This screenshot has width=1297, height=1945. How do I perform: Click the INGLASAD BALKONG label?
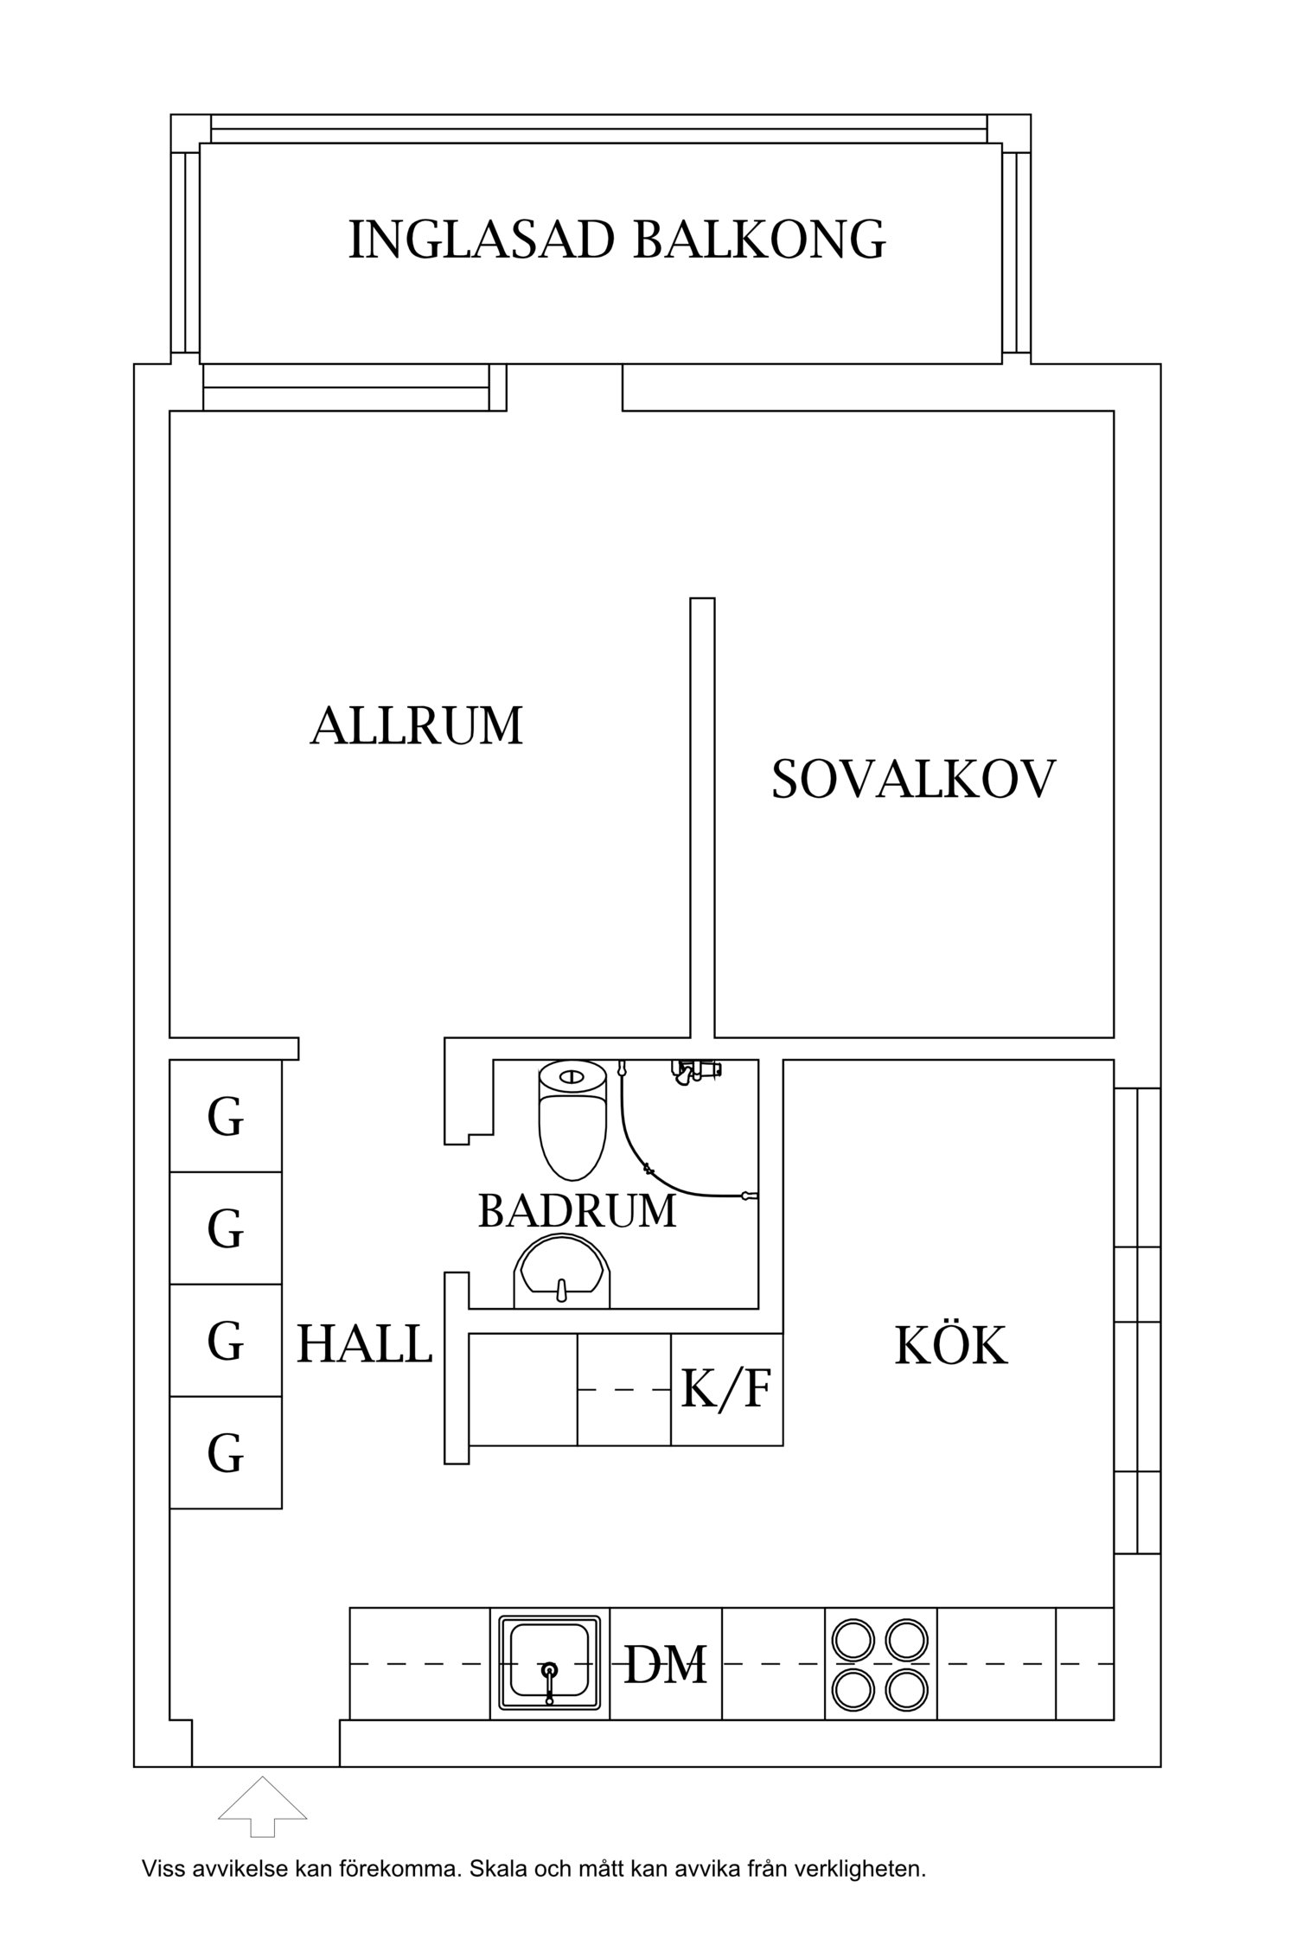617,240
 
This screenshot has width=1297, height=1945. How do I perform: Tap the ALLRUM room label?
417,725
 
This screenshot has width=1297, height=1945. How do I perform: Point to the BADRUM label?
577,1211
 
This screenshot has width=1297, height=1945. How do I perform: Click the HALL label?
364,1344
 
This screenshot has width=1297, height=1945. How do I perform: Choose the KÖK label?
950,1346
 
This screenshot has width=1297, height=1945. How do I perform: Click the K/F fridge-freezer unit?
726,1389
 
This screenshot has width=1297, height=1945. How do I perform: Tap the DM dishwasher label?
665,1664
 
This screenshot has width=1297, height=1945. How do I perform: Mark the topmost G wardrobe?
226,1116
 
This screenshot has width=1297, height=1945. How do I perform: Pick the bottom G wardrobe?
226,1452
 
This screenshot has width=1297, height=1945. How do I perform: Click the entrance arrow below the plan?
262,1805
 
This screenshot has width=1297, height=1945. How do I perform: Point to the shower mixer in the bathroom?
696,1071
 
